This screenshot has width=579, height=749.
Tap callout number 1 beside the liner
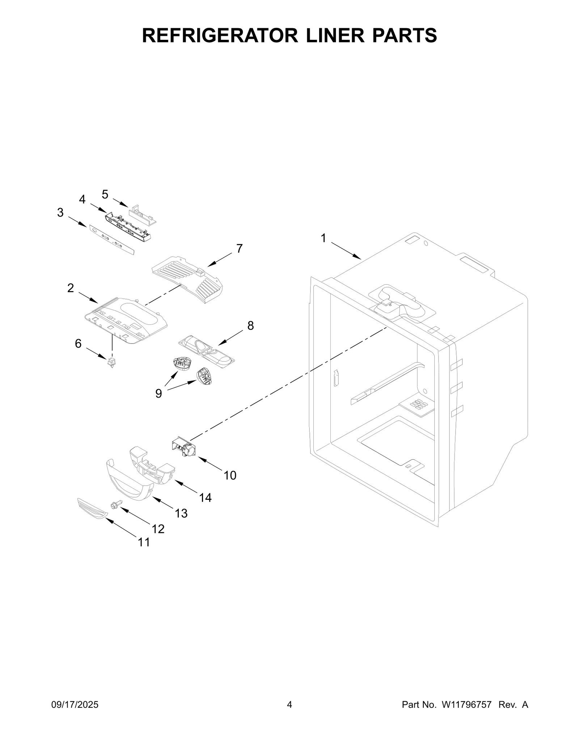click(323, 238)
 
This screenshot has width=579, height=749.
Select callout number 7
click(239, 248)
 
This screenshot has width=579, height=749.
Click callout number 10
click(230, 475)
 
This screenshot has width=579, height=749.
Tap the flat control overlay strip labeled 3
click(111, 239)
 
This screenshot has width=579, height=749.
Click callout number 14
click(205, 498)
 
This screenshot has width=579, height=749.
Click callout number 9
click(159, 393)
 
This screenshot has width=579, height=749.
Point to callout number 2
click(71, 288)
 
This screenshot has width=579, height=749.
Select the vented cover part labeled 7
click(186, 278)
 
